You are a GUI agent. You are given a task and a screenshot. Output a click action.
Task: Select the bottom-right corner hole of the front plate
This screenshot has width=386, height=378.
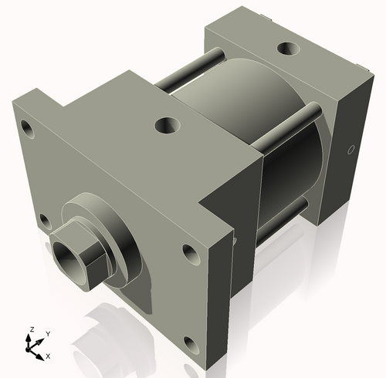point(187,343)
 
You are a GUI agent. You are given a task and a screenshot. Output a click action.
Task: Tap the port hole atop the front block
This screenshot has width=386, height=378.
point(166,123)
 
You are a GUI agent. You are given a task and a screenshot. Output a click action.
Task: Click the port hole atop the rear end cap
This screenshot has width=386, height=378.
point(289,49)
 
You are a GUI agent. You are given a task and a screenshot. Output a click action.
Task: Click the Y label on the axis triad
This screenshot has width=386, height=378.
point(47,333)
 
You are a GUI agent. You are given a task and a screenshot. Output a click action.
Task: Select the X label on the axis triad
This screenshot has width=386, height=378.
point(49,356)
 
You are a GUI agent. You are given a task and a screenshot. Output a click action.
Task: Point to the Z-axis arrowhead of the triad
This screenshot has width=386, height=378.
point(30,338)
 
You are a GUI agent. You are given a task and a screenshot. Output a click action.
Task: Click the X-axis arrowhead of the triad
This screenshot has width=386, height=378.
point(41,356)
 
